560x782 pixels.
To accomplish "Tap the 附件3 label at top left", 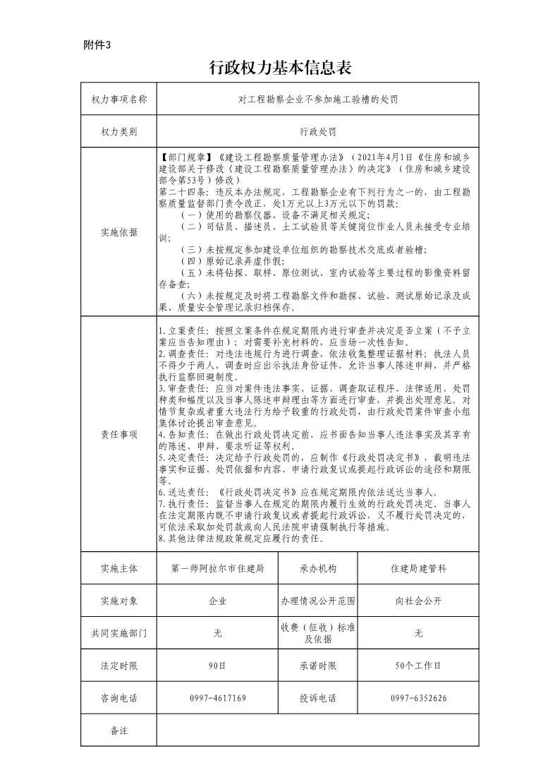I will click(x=97, y=44).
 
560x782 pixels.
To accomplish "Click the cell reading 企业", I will click(x=217, y=601).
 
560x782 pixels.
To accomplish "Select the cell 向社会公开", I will click(x=418, y=601).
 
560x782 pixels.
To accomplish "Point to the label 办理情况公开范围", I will click(x=317, y=601).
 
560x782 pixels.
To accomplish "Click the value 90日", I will click(x=217, y=666).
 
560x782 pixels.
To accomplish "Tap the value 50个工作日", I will click(x=418, y=666).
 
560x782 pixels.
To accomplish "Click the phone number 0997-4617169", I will click(x=217, y=698).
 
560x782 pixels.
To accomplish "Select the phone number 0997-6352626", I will click(x=418, y=698).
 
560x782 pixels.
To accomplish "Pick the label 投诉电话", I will click(x=317, y=698).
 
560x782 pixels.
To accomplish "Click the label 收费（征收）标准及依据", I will click(x=317, y=633).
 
